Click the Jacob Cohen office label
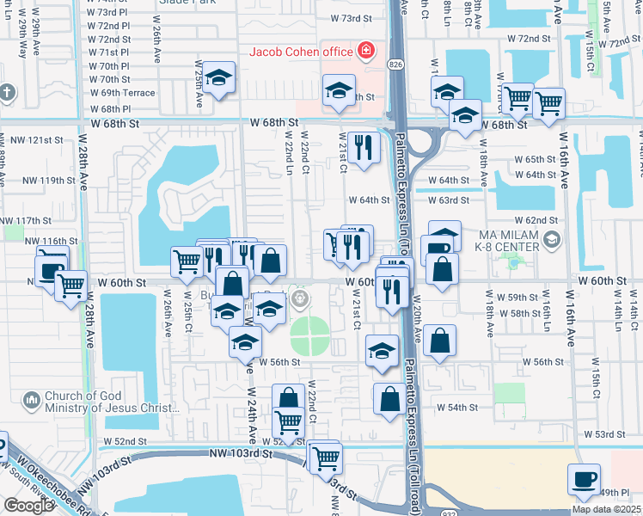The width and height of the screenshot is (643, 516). [x=301, y=51]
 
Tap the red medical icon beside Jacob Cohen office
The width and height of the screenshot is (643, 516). [x=367, y=51]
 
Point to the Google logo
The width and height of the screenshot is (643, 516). [x=28, y=506]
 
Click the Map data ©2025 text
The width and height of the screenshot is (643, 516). [x=606, y=509]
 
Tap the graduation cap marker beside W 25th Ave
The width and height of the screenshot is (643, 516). [x=218, y=80]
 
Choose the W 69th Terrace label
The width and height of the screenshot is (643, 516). [x=122, y=93]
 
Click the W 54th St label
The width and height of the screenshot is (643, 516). [x=456, y=407]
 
